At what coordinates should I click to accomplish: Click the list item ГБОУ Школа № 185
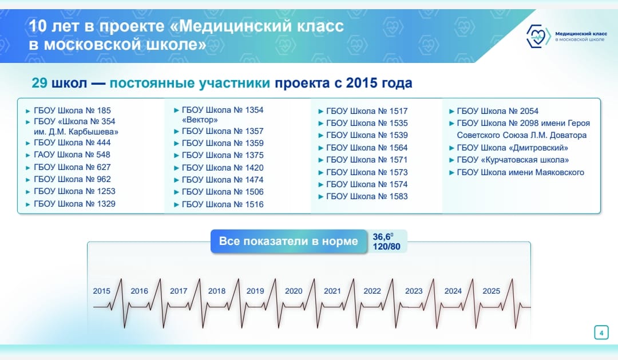[x=72, y=110]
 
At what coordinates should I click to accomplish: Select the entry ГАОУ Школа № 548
[x=72, y=155]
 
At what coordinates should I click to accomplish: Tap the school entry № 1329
[x=74, y=204]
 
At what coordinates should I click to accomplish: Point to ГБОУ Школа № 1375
[x=223, y=155]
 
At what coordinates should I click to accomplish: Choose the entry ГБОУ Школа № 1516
[x=223, y=204]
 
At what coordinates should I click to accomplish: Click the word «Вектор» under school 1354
[x=200, y=120]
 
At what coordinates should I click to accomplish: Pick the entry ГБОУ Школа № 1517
[x=367, y=111]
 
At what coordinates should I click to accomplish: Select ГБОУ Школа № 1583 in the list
[x=367, y=196]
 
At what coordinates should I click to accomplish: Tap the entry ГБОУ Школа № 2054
[x=497, y=111]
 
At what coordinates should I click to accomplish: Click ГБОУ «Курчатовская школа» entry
[x=513, y=160]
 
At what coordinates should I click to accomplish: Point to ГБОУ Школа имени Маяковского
[x=520, y=172]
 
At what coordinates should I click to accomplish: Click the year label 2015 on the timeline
[x=102, y=291]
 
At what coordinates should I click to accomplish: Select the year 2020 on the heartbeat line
[x=294, y=291]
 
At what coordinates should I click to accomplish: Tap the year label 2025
[x=491, y=291]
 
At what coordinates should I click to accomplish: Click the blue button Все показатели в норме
[x=288, y=242]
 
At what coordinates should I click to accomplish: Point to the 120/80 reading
[x=387, y=247]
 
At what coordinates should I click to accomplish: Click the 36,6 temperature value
[x=383, y=236]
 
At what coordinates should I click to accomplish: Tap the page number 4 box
[x=601, y=333]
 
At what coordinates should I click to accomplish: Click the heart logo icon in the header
[x=538, y=36]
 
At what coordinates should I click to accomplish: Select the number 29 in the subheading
[x=39, y=83]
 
